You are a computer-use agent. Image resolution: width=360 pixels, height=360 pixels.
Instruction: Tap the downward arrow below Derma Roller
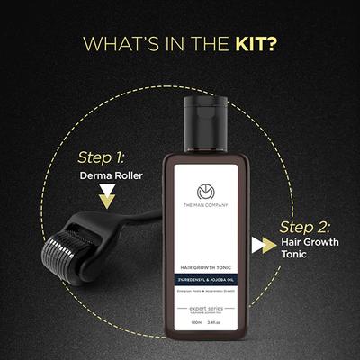[107, 198]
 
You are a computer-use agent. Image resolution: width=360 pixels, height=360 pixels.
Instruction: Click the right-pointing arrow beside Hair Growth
[263, 245]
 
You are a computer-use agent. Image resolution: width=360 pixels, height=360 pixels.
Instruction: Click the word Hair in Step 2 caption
[292, 245]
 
